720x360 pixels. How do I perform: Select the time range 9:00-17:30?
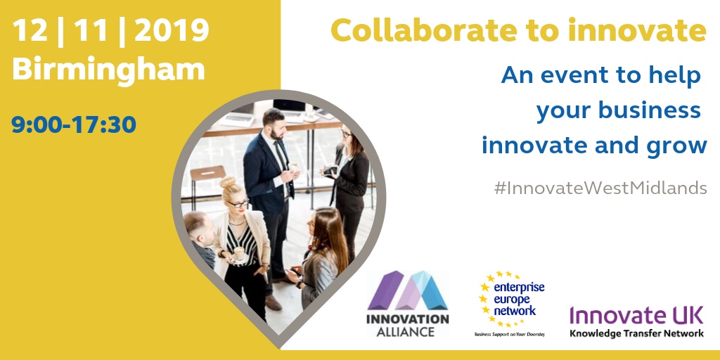(74, 124)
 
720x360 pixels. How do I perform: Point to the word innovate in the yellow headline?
(637, 30)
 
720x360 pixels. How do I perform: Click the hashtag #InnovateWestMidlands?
(601, 189)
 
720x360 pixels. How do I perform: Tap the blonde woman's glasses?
(238, 204)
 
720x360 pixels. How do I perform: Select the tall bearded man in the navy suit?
(271, 183)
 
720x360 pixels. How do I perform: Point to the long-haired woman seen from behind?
(322, 260)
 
